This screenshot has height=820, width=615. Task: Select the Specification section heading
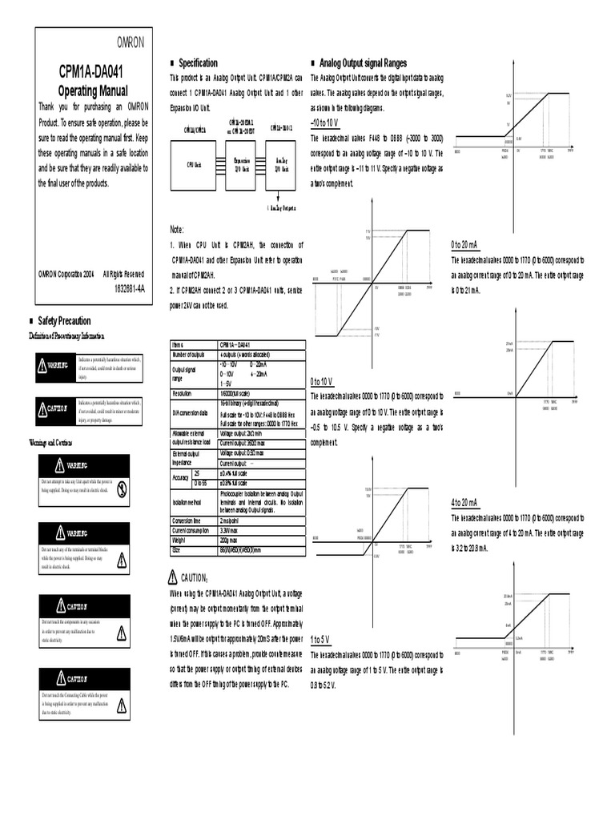(197, 62)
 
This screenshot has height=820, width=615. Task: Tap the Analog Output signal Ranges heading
(363, 62)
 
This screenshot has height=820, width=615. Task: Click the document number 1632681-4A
(129, 288)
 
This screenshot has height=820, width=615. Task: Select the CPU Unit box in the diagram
(194, 164)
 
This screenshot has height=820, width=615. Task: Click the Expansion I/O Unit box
(239, 164)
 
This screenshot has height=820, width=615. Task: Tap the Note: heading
(178, 229)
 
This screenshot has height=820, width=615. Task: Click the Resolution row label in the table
(185, 394)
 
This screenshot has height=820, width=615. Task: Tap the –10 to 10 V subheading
(324, 123)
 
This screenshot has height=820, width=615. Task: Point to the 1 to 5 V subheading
(320, 639)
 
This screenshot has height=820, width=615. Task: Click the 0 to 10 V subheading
(322, 381)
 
